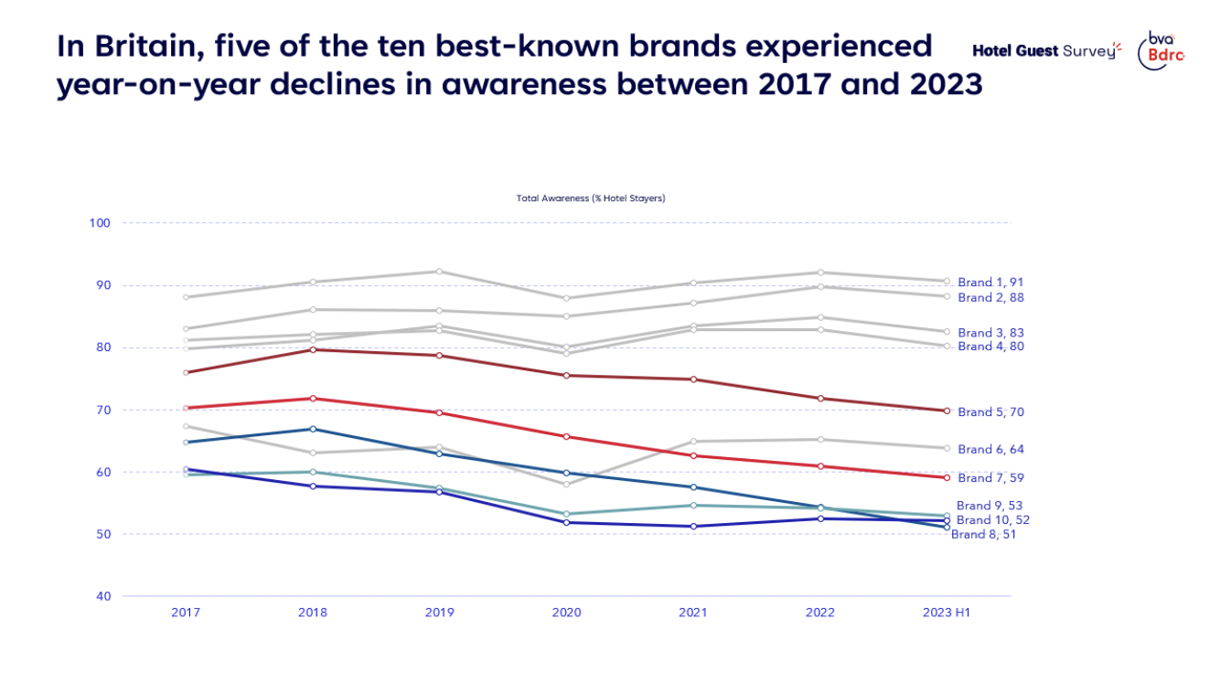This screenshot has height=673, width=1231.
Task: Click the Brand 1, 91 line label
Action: pos(990,283)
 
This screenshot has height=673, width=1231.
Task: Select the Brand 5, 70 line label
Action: pos(990,412)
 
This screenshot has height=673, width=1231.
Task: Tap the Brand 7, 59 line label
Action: pos(990,478)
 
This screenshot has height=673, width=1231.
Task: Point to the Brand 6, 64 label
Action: pos(990,450)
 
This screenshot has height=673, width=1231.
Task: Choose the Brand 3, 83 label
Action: pos(990,333)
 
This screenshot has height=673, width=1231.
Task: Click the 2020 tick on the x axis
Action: pos(566,613)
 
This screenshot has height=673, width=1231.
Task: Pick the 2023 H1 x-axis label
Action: pos(947,613)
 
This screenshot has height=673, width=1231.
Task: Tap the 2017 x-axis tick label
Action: pos(186,613)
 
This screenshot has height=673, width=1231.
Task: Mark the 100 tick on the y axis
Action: pos(100,223)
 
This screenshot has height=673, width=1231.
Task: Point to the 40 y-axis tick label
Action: pos(102,596)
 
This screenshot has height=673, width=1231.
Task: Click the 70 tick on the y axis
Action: pos(102,410)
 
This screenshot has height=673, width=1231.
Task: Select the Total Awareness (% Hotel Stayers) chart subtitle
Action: pos(591,198)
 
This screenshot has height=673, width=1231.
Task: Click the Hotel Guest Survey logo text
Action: pos(1045,51)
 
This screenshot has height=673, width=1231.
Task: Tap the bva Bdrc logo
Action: pos(1160,49)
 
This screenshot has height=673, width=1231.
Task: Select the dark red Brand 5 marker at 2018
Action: pos(313,349)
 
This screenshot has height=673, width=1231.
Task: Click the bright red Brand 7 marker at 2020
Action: pos(567,436)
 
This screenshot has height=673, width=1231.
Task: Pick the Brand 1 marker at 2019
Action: pos(440,272)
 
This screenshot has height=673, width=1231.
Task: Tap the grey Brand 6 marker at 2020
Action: pos(567,484)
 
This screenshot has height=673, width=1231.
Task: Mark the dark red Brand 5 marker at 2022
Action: pos(820,399)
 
